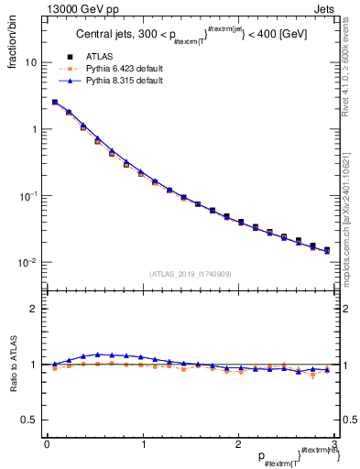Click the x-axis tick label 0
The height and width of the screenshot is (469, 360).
tap(47, 444)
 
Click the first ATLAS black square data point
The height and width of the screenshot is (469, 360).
tap(55, 103)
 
